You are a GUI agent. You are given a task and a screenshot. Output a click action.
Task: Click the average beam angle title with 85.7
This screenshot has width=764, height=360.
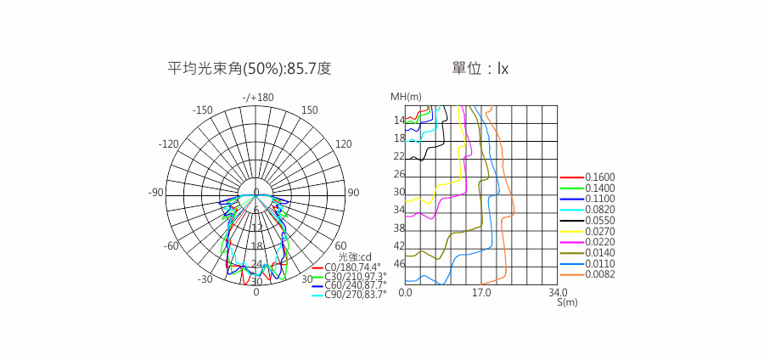click(250, 69)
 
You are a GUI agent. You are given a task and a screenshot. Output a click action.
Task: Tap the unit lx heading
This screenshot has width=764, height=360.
click(480, 69)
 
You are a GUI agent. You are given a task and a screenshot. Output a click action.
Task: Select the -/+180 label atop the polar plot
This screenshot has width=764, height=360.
click(258, 98)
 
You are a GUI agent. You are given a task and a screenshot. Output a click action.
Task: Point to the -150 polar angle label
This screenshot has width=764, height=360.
click(202, 110)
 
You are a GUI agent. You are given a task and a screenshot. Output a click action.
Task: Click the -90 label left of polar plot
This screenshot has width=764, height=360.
click(156, 193)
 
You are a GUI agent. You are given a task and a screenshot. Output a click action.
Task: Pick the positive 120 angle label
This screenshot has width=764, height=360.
click(344, 144)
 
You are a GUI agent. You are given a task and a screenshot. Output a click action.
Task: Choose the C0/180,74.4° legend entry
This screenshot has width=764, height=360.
click(346, 267)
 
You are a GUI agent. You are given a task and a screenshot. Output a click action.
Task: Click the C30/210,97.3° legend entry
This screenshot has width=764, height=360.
click(349, 276)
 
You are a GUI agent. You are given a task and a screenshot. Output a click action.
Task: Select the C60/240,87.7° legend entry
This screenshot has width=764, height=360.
click(349, 284)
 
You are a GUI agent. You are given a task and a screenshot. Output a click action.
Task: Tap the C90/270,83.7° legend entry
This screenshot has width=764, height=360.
click(349, 294)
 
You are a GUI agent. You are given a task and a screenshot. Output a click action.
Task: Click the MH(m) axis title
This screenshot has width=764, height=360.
click(406, 97)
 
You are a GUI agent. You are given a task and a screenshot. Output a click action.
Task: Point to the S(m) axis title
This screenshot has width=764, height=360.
click(567, 302)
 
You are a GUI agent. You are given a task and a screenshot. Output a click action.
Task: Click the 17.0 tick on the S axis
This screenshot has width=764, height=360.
click(481, 293)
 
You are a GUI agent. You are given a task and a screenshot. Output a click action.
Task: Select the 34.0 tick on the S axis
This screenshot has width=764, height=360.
click(558, 293)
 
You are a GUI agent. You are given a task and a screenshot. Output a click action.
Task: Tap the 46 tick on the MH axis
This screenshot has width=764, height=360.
click(399, 264)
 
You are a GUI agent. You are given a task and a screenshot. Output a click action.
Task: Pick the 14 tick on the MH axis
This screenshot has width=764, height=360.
click(399, 120)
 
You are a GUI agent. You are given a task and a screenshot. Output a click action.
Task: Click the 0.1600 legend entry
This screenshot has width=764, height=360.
click(587, 177)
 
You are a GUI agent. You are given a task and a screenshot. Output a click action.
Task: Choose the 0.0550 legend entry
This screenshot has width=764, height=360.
click(587, 220)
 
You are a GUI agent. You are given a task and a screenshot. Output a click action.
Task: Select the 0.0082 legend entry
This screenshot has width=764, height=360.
click(587, 274)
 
